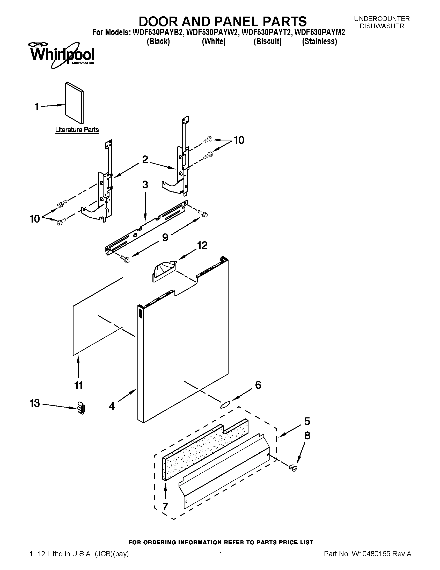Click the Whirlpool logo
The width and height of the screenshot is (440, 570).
point(62,55)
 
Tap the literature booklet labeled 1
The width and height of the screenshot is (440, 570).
point(74,103)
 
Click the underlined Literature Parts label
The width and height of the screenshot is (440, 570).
point(77,130)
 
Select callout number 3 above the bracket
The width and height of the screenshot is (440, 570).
point(145,184)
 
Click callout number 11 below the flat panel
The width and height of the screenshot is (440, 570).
point(78,385)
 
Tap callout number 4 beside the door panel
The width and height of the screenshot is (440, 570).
point(112,406)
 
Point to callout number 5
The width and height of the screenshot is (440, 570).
point(307,421)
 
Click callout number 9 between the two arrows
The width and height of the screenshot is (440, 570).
point(165,237)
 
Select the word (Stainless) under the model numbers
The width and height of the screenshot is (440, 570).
point(319,41)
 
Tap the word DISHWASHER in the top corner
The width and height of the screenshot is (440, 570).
point(382,26)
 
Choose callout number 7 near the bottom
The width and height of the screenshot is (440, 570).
point(165,506)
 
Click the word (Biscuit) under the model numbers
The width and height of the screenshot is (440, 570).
point(268,41)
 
